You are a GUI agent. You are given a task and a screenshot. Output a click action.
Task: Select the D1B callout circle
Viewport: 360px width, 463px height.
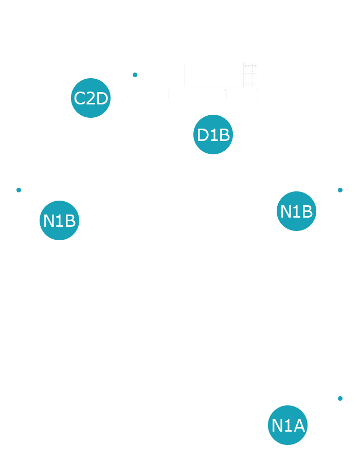click(213, 135)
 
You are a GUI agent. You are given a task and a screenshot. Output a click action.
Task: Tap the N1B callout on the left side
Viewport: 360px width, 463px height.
click(60, 221)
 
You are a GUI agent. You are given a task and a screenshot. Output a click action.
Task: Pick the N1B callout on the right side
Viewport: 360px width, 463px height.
click(296, 211)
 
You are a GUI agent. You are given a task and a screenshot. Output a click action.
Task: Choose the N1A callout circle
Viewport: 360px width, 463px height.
click(288, 425)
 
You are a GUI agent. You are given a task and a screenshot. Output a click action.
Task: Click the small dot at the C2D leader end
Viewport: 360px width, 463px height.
click(135, 75)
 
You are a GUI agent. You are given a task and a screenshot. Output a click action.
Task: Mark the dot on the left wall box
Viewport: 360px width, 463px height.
click(19, 190)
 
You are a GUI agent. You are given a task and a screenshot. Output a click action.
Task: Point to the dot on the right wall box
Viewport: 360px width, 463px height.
click(340, 190)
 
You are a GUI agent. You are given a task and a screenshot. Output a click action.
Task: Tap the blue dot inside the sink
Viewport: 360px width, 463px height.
click(340, 398)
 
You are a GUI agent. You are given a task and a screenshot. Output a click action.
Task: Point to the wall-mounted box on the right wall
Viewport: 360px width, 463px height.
click(348, 190)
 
